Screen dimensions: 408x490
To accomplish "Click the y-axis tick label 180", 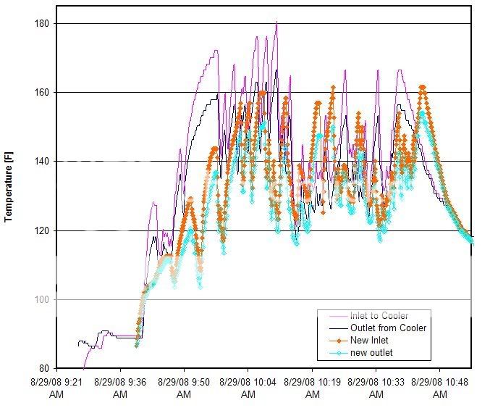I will tap(41, 23).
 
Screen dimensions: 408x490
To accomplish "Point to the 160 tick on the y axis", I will tap(41, 92).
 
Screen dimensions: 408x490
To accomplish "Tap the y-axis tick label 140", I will tap(41, 162).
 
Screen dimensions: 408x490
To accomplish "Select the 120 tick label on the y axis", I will tap(41, 230).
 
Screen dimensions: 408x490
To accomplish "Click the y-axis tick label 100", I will tap(41, 299).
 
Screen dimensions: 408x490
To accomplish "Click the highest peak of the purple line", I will tap(276, 22).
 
